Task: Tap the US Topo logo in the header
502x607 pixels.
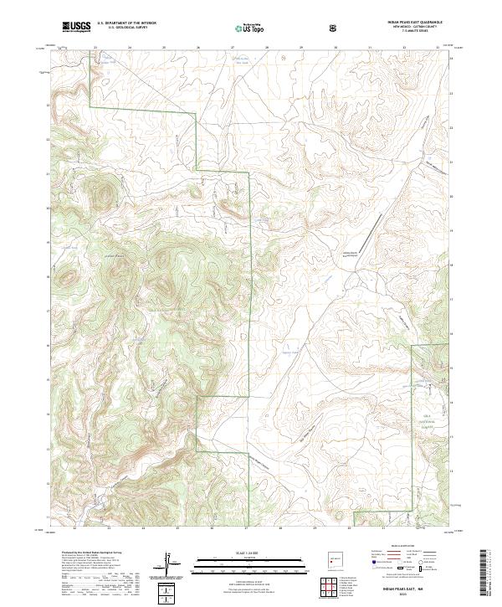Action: (x=241, y=28)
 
